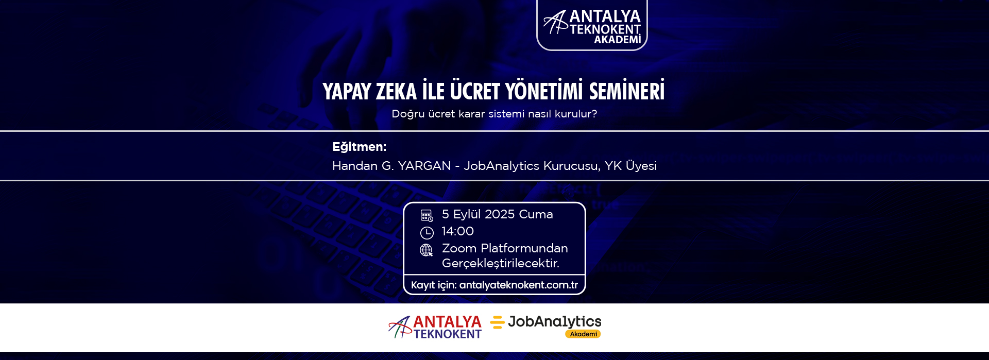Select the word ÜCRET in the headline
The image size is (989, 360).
[x=475, y=91]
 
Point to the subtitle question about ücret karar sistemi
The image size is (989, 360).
[x=494, y=114]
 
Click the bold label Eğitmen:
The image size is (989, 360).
[x=360, y=147]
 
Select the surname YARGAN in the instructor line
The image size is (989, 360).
[x=424, y=166]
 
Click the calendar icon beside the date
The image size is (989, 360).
[x=427, y=215]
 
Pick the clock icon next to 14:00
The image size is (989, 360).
[x=427, y=233]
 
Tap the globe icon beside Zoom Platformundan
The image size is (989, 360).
[x=427, y=250]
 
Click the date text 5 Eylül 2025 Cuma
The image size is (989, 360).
[x=498, y=214]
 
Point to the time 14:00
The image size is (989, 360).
[x=458, y=231]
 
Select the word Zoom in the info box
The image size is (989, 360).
[x=459, y=248]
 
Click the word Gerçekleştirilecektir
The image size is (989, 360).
[x=501, y=263]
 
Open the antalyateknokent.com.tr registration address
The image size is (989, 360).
[x=519, y=285]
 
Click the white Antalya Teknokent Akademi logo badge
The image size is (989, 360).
[x=592, y=25]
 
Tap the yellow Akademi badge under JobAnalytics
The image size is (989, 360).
[x=583, y=334]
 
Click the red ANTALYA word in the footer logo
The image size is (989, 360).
[x=447, y=322]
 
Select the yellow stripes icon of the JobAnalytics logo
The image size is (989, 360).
[x=497, y=322]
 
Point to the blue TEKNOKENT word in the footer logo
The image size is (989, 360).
[x=447, y=334]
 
